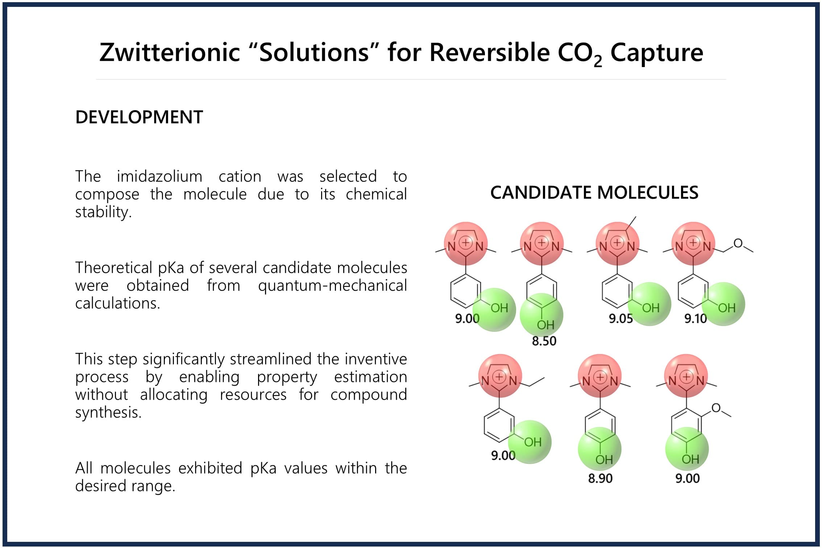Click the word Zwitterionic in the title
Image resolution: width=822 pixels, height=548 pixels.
click(170, 52)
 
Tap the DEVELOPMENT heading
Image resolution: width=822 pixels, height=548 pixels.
click(139, 117)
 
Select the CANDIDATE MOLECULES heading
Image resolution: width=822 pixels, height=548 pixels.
click(594, 192)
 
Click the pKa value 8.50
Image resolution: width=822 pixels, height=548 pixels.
click(544, 341)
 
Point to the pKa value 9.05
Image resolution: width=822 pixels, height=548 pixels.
click(620, 319)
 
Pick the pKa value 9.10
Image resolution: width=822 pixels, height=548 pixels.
click(696, 319)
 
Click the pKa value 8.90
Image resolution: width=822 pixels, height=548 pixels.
click(600, 478)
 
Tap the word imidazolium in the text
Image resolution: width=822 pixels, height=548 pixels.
click(159, 177)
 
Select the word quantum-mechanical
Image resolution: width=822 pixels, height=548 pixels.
click(332, 286)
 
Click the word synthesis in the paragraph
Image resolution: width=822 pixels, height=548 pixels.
click(108, 412)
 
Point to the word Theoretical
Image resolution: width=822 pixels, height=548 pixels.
click(113, 268)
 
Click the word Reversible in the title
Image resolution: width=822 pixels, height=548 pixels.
click(490, 52)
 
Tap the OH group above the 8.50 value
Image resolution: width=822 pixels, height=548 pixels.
click(546, 325)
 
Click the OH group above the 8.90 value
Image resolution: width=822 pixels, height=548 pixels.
click(604, 460)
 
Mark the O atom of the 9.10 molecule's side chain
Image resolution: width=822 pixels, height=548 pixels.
click(738, 243)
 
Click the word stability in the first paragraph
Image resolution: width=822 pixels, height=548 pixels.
click(103, 212)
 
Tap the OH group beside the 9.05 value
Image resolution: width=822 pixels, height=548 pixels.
click(651, 308)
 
